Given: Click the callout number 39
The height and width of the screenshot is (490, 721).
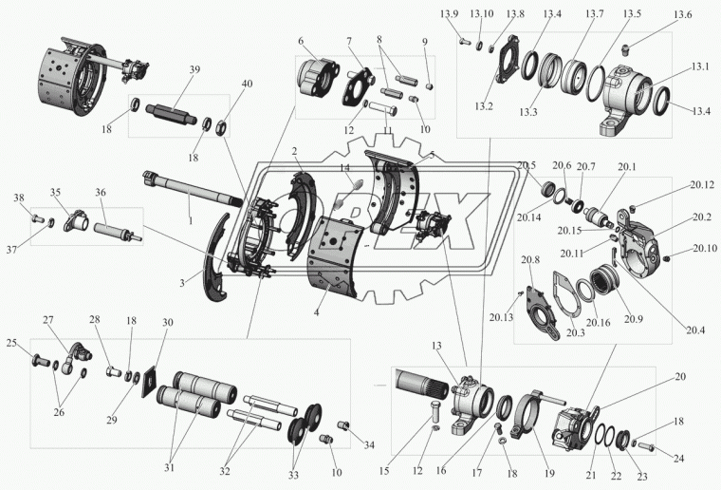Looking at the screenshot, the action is [x=195, y=69].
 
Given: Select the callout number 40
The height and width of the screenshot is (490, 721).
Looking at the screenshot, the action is [x=248, y=84].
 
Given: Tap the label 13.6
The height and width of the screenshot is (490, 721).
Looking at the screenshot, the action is [x=682, y=15].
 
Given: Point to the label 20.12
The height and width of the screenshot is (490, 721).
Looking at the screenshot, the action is [x=702, y=184].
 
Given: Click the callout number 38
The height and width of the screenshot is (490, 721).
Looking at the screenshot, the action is [x=19, y=198].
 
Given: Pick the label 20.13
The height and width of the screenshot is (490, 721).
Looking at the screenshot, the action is [x=501, y=317].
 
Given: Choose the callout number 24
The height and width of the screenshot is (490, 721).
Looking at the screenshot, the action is [x=678, y=459].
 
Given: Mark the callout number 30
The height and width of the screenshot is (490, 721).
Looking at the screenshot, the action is [x=168, y=323].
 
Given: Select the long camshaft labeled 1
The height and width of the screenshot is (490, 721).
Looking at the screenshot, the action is [x=194, y=188].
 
